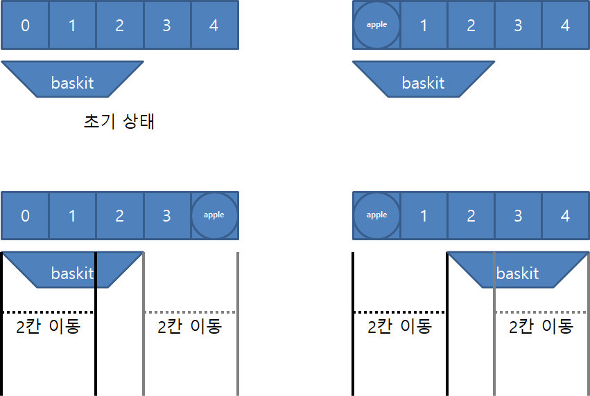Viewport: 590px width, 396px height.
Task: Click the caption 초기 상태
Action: pyautogui.click(x=119, y=122)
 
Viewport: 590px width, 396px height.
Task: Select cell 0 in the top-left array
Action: pyautogui.click(x=25, y=26)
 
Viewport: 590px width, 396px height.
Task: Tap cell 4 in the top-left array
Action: pyautogui.click(x=214, y=26)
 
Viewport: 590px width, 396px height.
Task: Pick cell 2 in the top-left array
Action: pyautogui.click(x=119, y=26)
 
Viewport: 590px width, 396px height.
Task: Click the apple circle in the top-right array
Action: pyautogui.click(x=376, y=25)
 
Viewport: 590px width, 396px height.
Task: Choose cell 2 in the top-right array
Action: pyautogui.click(x=471, y=26)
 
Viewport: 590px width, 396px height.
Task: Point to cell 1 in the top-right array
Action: pyautogui.click(x=424, y=26)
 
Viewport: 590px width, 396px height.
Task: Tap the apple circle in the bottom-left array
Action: pyautogui.click(x=214, y=215)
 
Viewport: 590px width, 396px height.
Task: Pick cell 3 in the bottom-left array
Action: pyautogui.click(x=166, y=215)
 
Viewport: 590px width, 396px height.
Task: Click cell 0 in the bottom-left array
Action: pyautogui.click(x=25, y=215)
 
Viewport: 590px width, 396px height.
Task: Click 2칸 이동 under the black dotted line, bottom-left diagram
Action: pyautogui.click(x=48, y=326)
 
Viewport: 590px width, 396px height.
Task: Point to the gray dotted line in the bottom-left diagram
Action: pyautogui.click(x=190, y=312)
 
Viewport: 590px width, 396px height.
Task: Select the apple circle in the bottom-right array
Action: pyautogui.click(x=376, y=215)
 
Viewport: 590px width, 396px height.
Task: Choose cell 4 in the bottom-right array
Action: pyautogui.click(x=565, y=215)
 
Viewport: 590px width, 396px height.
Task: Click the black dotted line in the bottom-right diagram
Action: pyautogui.click(x=399, y=312)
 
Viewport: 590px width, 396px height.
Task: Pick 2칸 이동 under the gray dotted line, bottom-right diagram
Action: pyautogui.click(x=541, y=326)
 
